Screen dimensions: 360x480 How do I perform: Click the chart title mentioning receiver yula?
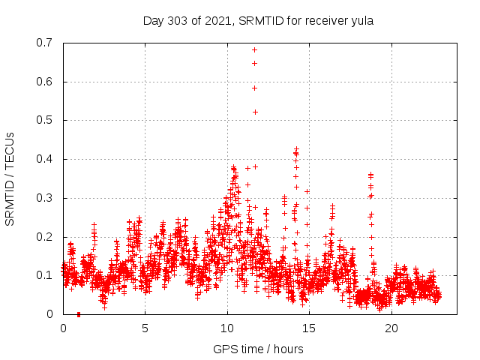pyautogui.click(x=258, y=20)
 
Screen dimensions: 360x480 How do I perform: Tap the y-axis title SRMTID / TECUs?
pyautogui.click(x=10, y=178)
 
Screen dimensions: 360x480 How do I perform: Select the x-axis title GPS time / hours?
pyautogui.click(x=258, y=349)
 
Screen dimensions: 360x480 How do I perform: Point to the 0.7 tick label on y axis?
pyautogui.click(x=46, y=43)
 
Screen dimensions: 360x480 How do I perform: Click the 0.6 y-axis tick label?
pyautogui.click(x=46, y=82)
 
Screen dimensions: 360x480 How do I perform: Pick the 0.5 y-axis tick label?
pyautogui.click(x=46, y=120)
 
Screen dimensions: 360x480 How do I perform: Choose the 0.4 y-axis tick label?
pyautogui.click(x=46, y=159)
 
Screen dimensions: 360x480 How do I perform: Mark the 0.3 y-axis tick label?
pyautogui.click(x=46, y=198)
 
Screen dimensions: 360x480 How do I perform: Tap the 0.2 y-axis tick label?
pyautogui.click(x=46, y=237)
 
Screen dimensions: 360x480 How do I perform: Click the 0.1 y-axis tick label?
pyautogui.click(x=46, y=275)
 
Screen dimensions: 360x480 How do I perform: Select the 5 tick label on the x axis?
pyautogui.click(x=145, y=328)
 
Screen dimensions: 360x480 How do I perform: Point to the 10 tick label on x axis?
pyautogui.click(x=227, y=328)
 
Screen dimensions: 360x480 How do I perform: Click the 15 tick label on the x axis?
pyautogui.click(x=309, y=328)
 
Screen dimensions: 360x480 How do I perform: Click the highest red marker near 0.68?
pyautogui.click(x=255, y=50)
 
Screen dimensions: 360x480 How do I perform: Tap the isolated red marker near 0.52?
pyautogui.click(x=255, y=112)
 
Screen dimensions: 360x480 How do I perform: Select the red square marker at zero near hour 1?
pyautogui.click(x=79, y=314)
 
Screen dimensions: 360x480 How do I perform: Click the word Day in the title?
pyautogui.click(x=153, y=20)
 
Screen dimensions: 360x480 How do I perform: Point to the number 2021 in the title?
pyautogui.click(x=218, y=20)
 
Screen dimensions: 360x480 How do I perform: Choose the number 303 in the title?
pyautogui.click(x=179, y=20)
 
